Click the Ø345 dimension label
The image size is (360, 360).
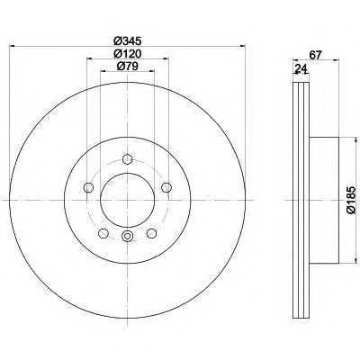point(127,40)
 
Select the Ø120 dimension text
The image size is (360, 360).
point(127,54)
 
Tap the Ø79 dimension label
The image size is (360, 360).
point(127,66)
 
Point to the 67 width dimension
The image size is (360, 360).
point(315,55)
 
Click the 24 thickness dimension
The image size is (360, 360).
point(301,69)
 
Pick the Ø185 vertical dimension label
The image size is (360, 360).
point(350,200)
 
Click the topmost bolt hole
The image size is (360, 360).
point(128,158)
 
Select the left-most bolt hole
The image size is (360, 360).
point(88,188)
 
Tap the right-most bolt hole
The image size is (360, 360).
point(166,188)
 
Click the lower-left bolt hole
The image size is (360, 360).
point(103,233)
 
